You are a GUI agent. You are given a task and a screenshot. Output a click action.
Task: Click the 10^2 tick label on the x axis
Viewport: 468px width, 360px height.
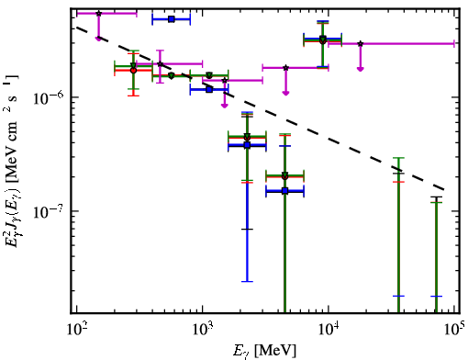pyautogui.click(x=77, y=330)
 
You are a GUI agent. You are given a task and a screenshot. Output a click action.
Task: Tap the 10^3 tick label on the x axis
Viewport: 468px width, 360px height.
pyautogui.click(x=203, y=330)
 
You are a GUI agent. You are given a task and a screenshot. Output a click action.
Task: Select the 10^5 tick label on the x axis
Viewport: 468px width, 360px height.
pyautogui.click(x=454, y=330)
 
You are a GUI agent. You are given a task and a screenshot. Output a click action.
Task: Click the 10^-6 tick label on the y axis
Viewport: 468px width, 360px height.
pyautogui.click(x=49, y=97)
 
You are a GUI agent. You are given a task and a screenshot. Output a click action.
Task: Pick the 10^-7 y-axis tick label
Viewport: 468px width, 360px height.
pyautogui.click(x=49, y=211)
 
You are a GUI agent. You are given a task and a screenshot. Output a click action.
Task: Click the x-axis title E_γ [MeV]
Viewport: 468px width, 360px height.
pyautogui.click(x=264, y=351)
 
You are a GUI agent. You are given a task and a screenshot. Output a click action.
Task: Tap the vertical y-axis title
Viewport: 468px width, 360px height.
pyautogui.click(x=12, y=161)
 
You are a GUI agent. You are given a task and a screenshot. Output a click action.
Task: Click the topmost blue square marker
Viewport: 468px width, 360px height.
pyautogui.click(x=172, y=19)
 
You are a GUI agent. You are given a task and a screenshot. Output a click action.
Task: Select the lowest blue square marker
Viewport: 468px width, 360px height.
pyautogui.click(x=285, y=191)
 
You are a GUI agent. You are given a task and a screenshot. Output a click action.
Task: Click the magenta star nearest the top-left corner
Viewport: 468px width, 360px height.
pyautogui.click(x=98, y=14)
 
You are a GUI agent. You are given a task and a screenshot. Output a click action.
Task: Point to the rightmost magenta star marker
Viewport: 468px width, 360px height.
pyautogui.click(x=361, y=44)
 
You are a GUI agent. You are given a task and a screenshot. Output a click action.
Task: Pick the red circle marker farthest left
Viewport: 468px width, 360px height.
pyautogui.click(x=133, y=70)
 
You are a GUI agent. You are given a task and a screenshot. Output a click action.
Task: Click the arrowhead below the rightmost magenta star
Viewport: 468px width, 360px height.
pyautogui.click(x=361, y=69)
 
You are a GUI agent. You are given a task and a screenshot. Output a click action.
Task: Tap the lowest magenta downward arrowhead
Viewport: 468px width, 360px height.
pyautogui.click(x=225, y=106)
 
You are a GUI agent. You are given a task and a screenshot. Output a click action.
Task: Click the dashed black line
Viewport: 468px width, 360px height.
pyautogui.click(x=260, y=108)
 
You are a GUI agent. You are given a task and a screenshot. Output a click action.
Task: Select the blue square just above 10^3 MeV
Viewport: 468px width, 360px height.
pyautogui.click(x=209, y=90)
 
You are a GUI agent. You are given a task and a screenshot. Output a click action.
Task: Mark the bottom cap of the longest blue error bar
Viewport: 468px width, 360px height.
pyautogui.click(x=247, y=281)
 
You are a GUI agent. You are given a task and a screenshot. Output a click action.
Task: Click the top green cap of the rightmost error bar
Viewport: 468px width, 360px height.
pyautogui.click(x=436, y=203)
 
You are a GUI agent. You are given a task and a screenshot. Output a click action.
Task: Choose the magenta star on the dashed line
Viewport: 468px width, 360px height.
pyautogui.click(x=160, y=64)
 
